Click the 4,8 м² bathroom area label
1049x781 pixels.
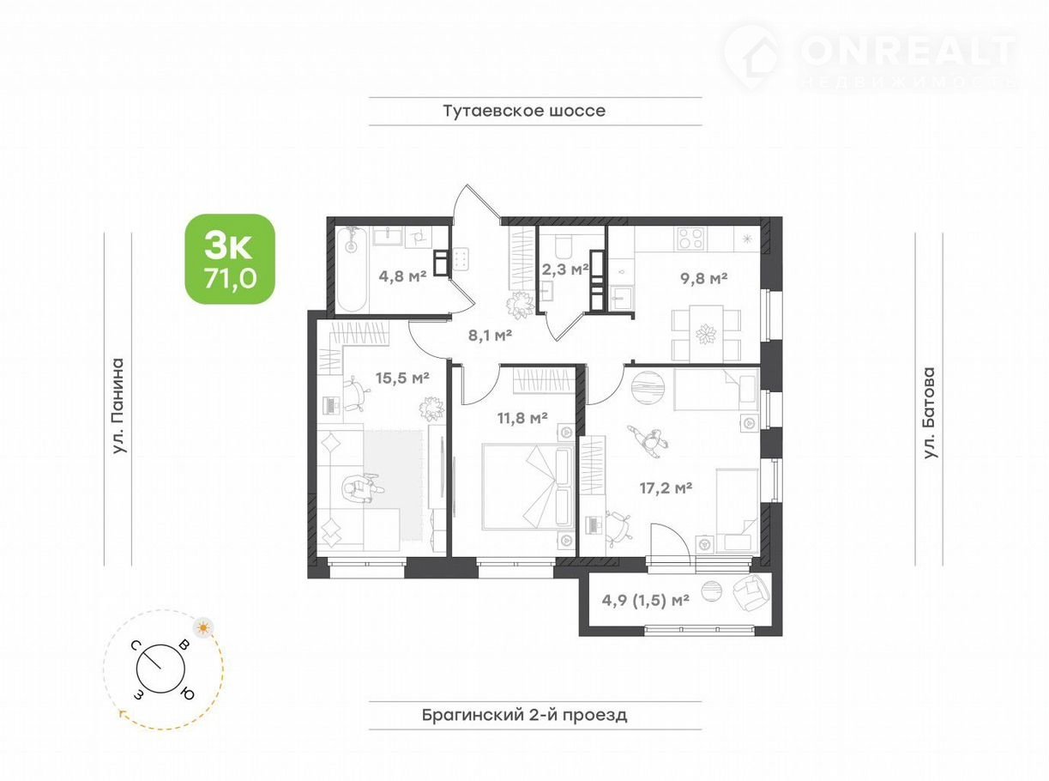click(x=402, y=275)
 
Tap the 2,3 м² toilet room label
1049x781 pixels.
click(x=565, y=269)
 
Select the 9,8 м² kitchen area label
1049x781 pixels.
click(x=703, y=278)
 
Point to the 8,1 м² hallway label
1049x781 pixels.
click(x=490, y=336)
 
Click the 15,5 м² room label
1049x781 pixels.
click(x=402, y=378)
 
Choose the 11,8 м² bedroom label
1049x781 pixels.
click(x=522, y=418)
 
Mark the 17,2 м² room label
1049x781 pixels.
click(x=666, y=488)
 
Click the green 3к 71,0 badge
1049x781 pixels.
click(x=230, y=259)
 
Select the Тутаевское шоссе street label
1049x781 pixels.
click(x=524, y=112)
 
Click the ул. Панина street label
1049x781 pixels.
click(x=118, y=407)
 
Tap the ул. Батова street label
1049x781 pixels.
click(x=930, y=412)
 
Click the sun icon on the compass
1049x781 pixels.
click(x=203, y=628)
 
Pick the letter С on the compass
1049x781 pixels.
click(x=136, y=645)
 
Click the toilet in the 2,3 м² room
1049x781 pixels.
click(x=564, y=244)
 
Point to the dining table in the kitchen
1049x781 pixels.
click(x=706, y=333)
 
